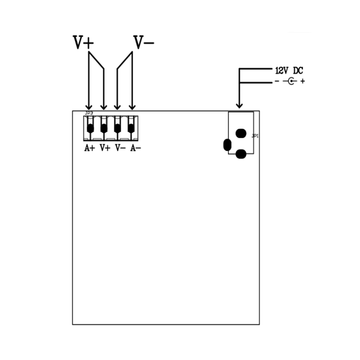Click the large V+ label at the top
(84, 42)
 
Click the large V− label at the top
(144, 42)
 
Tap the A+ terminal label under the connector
(90, 148)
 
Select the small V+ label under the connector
(105, 148)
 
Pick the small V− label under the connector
(120, 148)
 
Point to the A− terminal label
(135, 148)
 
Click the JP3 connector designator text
(89, 113)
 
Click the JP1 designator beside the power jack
(255, 136)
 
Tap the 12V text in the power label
(282, 71)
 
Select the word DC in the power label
(298, 71)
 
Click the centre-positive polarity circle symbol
(291, 81)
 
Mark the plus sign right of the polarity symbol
(303, 81)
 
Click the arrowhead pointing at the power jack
(239, 105)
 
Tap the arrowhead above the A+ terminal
(89, 107)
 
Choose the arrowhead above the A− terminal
(132, 107)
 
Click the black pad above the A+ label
(90, 129)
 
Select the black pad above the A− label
(131, 129)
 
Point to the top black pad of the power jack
(241, 134)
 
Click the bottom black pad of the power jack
(241, 154)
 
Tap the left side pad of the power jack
(227, 145)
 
